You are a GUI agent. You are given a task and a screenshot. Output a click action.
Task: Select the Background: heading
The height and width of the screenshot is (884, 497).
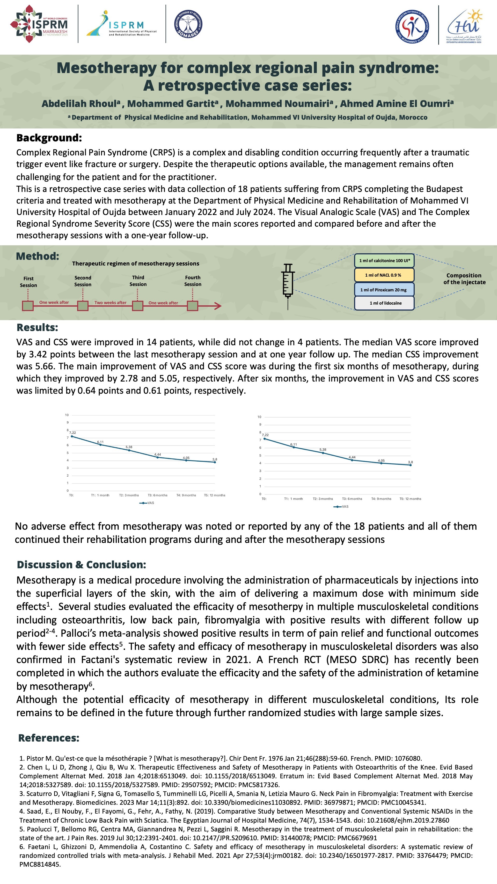tap(49, 138)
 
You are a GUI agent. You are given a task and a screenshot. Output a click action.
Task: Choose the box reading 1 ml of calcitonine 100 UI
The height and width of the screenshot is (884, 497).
tap(384, 261)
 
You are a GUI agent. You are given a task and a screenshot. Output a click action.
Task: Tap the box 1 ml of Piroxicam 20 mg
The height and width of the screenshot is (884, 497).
tap(384, 290)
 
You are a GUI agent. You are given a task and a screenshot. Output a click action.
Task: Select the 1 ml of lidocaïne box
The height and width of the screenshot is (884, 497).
tap(384, 303)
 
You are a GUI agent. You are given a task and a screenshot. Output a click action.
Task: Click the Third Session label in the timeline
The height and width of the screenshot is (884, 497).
tap(138, 281)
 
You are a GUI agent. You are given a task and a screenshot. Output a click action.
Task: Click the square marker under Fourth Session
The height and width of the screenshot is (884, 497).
tap(192, 306)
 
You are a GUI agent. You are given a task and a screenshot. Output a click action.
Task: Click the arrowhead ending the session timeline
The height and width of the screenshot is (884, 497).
tap(218, 306)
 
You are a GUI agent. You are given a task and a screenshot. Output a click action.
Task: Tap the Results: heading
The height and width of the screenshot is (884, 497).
tap(37, 327)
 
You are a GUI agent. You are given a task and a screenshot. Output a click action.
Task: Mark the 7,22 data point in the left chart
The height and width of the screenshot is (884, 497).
tap(72, 436)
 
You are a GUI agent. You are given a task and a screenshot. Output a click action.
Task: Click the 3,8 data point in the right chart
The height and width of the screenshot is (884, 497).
tap(411, 465)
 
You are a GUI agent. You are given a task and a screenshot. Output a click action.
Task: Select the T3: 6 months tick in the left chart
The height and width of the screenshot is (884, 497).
tap(157, 495)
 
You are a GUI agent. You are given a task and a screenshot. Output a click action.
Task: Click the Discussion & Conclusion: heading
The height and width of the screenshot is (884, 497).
tap(81, 564)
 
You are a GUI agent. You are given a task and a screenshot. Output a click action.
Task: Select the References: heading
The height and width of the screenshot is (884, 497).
tap(49, 738)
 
